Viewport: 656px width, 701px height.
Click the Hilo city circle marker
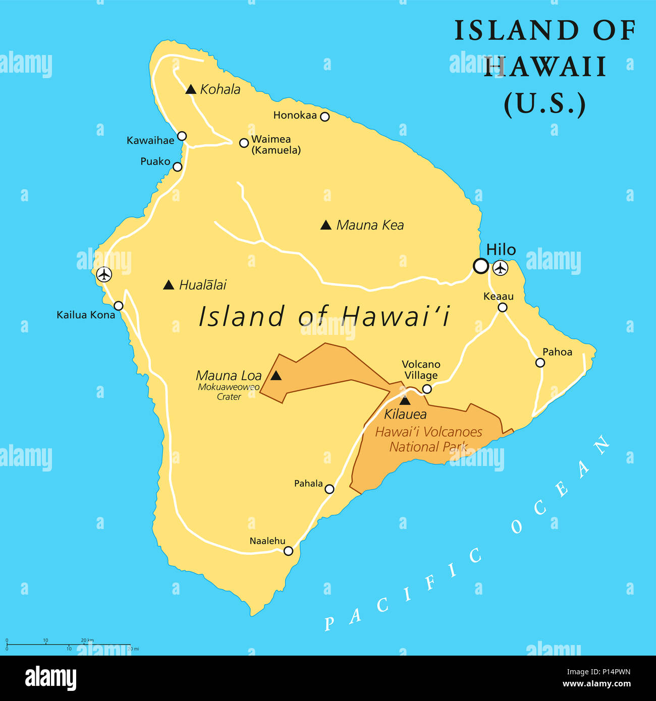click(480, 266)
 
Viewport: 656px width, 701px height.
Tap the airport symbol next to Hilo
click(500, 268)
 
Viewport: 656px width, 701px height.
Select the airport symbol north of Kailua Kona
click(104, 274)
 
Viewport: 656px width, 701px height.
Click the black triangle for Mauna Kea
click(326, 225)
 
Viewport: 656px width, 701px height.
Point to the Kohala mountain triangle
click(191, 90)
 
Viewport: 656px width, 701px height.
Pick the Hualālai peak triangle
click(169, 285)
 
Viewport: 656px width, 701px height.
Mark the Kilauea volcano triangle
click(405, 401)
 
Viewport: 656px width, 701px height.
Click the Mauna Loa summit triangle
click(276, 376)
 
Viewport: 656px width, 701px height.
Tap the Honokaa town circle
click(325, 116)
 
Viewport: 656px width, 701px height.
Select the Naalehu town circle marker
click(288, 551)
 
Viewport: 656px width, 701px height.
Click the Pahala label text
click(308, 484)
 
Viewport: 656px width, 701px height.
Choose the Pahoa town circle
click(540, 363)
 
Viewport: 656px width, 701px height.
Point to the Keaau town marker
click(503, 307)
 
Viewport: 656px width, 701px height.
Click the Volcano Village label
click(421, 370)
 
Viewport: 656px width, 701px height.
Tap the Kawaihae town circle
click(182, 136)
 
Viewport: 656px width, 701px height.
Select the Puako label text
click(155, 161)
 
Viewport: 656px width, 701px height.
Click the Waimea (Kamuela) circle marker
click(244, 143)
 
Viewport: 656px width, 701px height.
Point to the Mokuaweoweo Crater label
click(229, 392)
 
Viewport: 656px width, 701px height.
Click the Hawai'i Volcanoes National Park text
click(428, 439)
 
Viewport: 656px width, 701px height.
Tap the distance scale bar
click(68, 645)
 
